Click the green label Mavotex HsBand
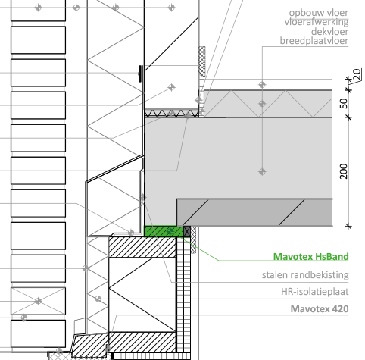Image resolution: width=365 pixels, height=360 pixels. coord(311,257)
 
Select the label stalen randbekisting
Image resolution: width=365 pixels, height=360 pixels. coord(305,275)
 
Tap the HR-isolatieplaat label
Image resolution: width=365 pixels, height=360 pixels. coord(315,292)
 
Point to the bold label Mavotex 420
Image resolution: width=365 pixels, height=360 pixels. coord(320,308)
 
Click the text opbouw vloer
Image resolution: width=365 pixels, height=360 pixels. coord(319,13)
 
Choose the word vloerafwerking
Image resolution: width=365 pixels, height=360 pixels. coord(317,22)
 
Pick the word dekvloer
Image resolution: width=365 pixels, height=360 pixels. coord(329,32)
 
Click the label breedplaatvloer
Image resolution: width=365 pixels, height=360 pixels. coord(314,41)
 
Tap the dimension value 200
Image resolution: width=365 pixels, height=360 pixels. coord(344,171)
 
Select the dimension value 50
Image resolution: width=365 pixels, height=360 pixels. coord(344,103)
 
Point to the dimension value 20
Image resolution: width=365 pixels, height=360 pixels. coord(357,74)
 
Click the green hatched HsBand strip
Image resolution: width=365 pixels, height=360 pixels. coord(164,231)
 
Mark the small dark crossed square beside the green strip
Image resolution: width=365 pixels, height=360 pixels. coord(187,231)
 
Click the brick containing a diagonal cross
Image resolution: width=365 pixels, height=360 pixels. coord(38,301)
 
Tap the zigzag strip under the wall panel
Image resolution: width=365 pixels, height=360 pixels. coord(171,113)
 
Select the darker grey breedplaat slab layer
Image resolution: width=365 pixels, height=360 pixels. coord(254,212)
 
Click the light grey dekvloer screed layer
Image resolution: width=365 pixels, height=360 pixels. coord(268,103)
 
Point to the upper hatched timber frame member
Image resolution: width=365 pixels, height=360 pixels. coord(142,247)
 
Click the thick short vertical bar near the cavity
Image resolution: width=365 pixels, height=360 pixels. coord(141,74)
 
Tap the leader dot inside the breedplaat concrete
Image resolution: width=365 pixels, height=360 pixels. coord(262,172)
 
